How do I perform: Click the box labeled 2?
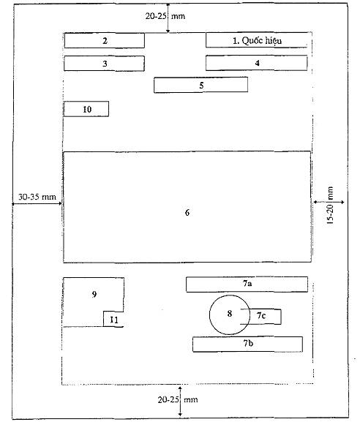click(105, 41)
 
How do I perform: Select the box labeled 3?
click(104, 64)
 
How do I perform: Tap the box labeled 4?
click(257, 63)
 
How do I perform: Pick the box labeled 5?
click(201, 85)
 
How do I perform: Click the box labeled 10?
click(86, 109)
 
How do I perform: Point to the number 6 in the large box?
click(187, 213)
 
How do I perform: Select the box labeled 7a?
click(247, 285)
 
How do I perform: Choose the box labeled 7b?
click(248, 344)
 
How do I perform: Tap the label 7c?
click(261, 315)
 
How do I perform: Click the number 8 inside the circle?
click(230, 314)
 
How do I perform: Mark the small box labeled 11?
click(113, 319)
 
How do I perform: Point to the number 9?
click(94, 294)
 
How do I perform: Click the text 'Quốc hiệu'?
click(262, 41)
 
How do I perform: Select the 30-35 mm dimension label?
click(37, 197)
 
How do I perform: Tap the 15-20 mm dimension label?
click(330, 206)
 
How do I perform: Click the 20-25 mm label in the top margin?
click(165, 16)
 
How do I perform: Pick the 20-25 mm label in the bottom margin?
click(178, 399)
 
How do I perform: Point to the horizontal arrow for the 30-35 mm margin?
click(37, 204)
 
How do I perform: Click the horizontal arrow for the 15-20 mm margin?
click(329, 202)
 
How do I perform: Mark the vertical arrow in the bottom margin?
click(181, 402)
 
